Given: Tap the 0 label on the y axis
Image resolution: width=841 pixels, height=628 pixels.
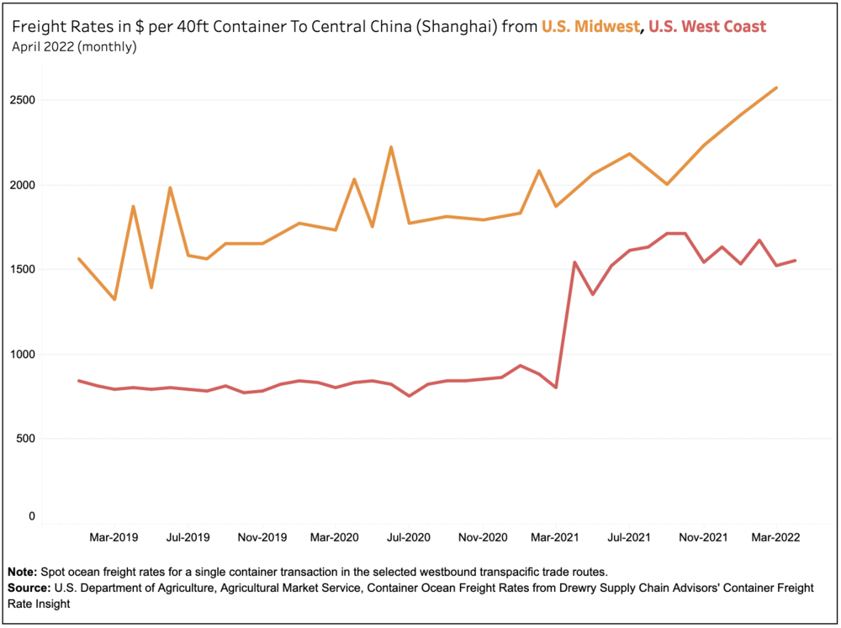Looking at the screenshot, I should [32, 516].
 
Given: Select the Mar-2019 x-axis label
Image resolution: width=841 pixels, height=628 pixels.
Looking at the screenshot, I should [114, 536].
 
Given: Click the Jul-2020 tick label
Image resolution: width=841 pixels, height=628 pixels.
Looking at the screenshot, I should [409, 536].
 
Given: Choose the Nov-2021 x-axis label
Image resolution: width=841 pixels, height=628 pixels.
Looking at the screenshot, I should [703, 536].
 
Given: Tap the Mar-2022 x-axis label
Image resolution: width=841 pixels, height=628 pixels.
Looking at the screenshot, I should [775, 536].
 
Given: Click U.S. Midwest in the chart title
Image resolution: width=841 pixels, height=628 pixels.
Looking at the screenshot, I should [589, 27].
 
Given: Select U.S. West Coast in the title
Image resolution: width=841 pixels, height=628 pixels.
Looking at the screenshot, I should [707, 27].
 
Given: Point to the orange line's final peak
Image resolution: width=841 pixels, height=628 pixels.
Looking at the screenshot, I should [775, 87].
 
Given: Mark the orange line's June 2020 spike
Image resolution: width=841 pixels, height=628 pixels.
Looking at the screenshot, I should [390, 147].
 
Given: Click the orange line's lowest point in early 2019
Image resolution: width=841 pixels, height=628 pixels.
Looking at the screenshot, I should [114, 299].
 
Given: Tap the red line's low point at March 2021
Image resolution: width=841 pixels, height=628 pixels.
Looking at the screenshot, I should [556, 388].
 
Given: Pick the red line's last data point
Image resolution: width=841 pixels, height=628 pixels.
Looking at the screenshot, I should [795, 261].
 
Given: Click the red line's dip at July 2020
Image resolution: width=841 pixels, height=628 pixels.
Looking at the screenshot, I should [409, 395].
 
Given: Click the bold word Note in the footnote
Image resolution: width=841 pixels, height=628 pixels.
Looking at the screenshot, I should [24, 571].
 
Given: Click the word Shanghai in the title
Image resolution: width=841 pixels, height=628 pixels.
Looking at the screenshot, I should [459, 27].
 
